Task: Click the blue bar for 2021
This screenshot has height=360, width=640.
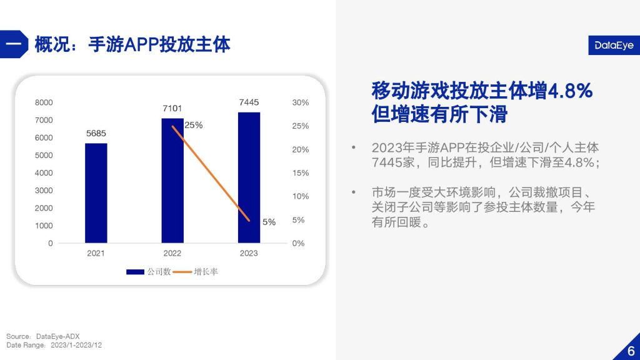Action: [x=96, y=193]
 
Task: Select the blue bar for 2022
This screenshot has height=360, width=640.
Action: [x=172, y=181]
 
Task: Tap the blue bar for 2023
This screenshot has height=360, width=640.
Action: [x=249, y=177]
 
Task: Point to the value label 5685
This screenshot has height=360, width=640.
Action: [x=96, y=134]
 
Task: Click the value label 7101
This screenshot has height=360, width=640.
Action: [x=172, y=108]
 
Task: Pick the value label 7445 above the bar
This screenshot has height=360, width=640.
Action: [x=249, y=102]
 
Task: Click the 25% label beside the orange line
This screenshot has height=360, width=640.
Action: [x=194, y=125]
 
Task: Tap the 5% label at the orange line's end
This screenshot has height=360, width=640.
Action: [x=269, y=222]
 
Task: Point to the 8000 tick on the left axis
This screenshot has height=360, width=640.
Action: [x=44, y=102]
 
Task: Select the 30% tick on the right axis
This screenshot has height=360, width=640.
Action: [x=301, y=102]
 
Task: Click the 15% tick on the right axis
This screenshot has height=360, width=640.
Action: [x=301, y=173]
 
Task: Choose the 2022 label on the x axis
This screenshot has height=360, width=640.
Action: [x=172, y=253]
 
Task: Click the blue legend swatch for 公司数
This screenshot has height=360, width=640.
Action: [x=135, y=272]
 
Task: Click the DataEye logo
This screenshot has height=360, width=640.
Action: [x=614, y=45]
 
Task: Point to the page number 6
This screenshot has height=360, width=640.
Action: [x=631, y=351]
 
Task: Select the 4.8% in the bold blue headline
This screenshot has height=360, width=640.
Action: [x=570, y=91]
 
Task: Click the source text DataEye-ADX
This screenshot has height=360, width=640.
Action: [x=58, y=336]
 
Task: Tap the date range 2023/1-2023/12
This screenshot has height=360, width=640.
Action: [x=76, y=345]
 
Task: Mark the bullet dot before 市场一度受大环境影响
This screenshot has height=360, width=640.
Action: [x=354, y=192]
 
